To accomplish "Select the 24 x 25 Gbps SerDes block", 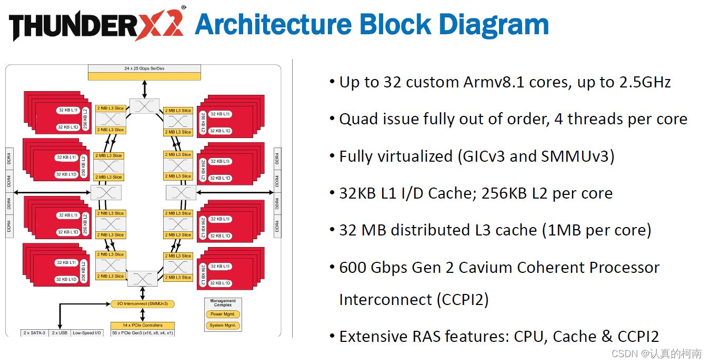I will click(x=144, y=72).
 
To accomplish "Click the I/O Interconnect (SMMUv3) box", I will click(x=143, y=304).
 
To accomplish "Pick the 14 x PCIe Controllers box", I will click(x=142, y=325).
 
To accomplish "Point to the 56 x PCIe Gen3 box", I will click(x=142, y=333).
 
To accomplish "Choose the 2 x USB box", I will click(x=59, y=333).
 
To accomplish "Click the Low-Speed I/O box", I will click(x=87, y=333).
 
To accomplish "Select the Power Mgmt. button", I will click(x=223, y=314).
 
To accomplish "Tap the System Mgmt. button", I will click(x=223, y=326).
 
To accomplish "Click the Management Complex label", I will click(x=223, y=303).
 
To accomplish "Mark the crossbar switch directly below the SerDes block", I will click(x=144, y=105).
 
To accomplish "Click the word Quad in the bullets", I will click(x=356, y=120).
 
